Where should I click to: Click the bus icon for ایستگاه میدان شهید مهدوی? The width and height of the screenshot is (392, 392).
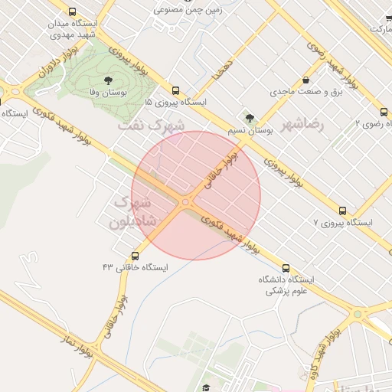point(72,12)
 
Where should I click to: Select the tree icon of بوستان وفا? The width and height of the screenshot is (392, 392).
point(106,80)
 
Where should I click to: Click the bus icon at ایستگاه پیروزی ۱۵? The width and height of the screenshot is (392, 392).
point(176,90)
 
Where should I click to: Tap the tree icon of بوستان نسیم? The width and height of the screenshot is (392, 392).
point(249,118)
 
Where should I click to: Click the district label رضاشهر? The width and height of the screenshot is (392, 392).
point(302,123)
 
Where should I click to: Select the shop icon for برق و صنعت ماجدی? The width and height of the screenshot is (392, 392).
point(306,80)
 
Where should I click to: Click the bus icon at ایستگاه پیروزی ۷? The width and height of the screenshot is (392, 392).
point(342,211)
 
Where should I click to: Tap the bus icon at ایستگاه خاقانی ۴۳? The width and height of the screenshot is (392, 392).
point(136,255)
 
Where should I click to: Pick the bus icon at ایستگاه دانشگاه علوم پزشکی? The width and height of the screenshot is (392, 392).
point(286,268)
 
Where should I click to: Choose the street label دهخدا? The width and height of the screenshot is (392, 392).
point(224,70)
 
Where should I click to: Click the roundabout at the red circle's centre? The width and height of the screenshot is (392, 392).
point(186,201)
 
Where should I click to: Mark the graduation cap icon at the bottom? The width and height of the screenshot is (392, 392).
point(206,387)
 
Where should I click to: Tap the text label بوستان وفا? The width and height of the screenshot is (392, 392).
point(107,92)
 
